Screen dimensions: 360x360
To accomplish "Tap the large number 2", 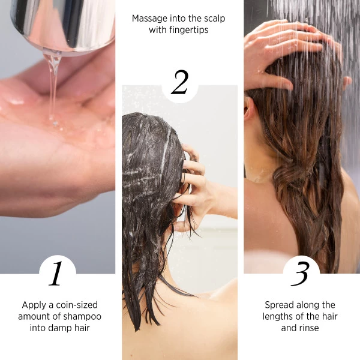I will point(179,83).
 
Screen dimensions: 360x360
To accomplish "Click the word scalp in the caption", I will point(213,19).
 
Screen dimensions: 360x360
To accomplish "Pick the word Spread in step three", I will point(279,305).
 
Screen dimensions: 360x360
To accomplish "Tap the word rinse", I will point(308,328).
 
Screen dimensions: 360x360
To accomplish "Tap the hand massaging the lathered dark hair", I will point(193,180).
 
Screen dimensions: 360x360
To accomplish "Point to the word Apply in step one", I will point(34,305).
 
